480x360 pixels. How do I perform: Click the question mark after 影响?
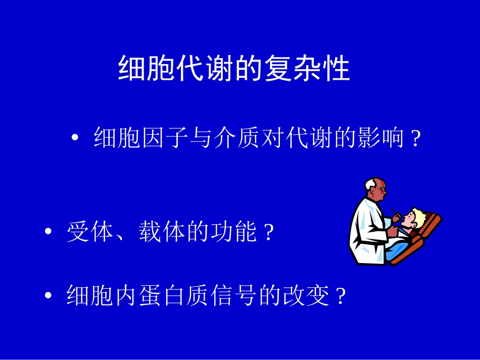click(416, 139)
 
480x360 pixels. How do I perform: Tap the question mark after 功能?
click(269, 234)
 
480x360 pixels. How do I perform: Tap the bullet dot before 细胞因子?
click(76, 138)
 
